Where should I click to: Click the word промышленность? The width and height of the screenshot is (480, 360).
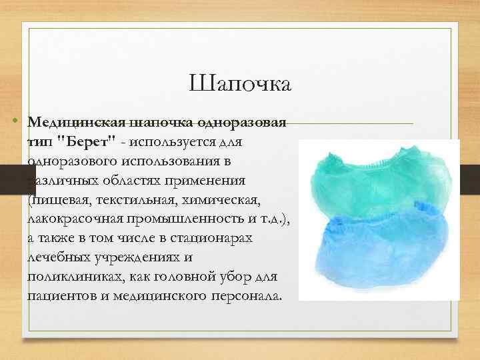pyautogui.click(x=175, y=218)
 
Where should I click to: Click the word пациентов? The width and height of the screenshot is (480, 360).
pyautogui.click(x=59, y=295)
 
